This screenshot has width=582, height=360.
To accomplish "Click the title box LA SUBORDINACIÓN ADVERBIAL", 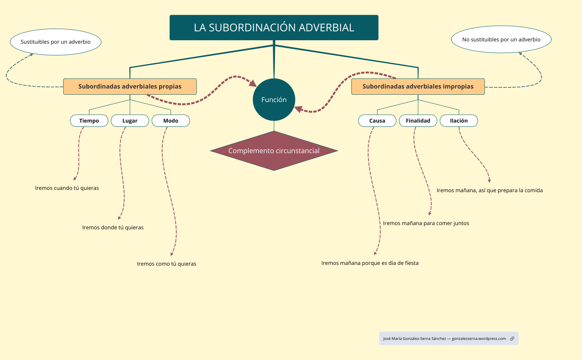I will [x=274, y=27].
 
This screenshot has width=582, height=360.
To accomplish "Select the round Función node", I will [x=274, y=100].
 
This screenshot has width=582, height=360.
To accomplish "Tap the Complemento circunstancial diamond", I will [x=274, y=151].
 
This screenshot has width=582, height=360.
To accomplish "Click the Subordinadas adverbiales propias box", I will [x=130, y=87].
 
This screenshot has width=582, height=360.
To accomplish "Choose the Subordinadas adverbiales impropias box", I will [x=418, y=87].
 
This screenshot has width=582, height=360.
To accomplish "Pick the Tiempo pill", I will [x=89, y=121].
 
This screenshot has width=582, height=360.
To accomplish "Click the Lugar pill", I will [x=130, y=121].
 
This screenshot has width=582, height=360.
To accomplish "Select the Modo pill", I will [x=171, y=121].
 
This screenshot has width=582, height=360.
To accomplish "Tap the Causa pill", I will [x=377, y=121].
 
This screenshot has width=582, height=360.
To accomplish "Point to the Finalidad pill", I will [x=418, y=121].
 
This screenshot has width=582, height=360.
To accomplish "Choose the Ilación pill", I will [x=459, y=121].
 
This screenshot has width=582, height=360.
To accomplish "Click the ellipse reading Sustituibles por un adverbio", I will [x=55, y=42].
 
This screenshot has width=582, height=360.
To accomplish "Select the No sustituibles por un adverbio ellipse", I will [x=501, y=39].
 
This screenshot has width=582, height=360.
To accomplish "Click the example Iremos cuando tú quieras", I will [x=67, y=188].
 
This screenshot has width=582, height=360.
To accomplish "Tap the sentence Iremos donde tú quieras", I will [x=113, y=228].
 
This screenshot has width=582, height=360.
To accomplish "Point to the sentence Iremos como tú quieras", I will [x=167, y=264].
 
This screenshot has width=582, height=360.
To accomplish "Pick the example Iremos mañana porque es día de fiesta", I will [x=370, y=263].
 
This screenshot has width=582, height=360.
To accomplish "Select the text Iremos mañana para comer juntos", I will [x=426, y=224].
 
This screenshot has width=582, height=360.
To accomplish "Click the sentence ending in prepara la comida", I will [x=490, y=191].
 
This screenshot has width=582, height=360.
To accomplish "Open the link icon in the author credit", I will [x=512, y=339].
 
